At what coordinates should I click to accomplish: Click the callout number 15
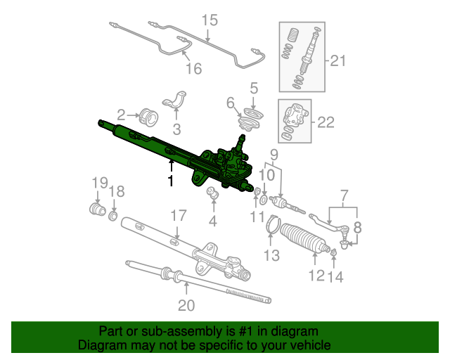point(210,20)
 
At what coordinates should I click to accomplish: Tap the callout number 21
point(338,60)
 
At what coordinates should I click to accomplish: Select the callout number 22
point(326,122)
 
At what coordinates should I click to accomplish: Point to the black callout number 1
point(171,181)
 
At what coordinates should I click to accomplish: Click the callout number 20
point(186,305)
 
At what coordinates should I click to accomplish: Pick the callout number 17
point(178,215)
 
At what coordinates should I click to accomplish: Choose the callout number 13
point(271,255)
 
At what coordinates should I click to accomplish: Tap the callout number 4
point(212,221)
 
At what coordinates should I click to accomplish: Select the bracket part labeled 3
point(176,100)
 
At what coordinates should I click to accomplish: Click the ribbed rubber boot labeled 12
point(304,238)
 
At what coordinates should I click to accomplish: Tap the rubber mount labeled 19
point(97,209)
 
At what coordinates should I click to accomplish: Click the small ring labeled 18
point(113,216)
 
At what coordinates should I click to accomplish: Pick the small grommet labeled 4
point(212,192)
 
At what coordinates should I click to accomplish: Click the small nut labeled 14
point(333,252)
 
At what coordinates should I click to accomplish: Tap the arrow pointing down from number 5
point(253,103)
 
